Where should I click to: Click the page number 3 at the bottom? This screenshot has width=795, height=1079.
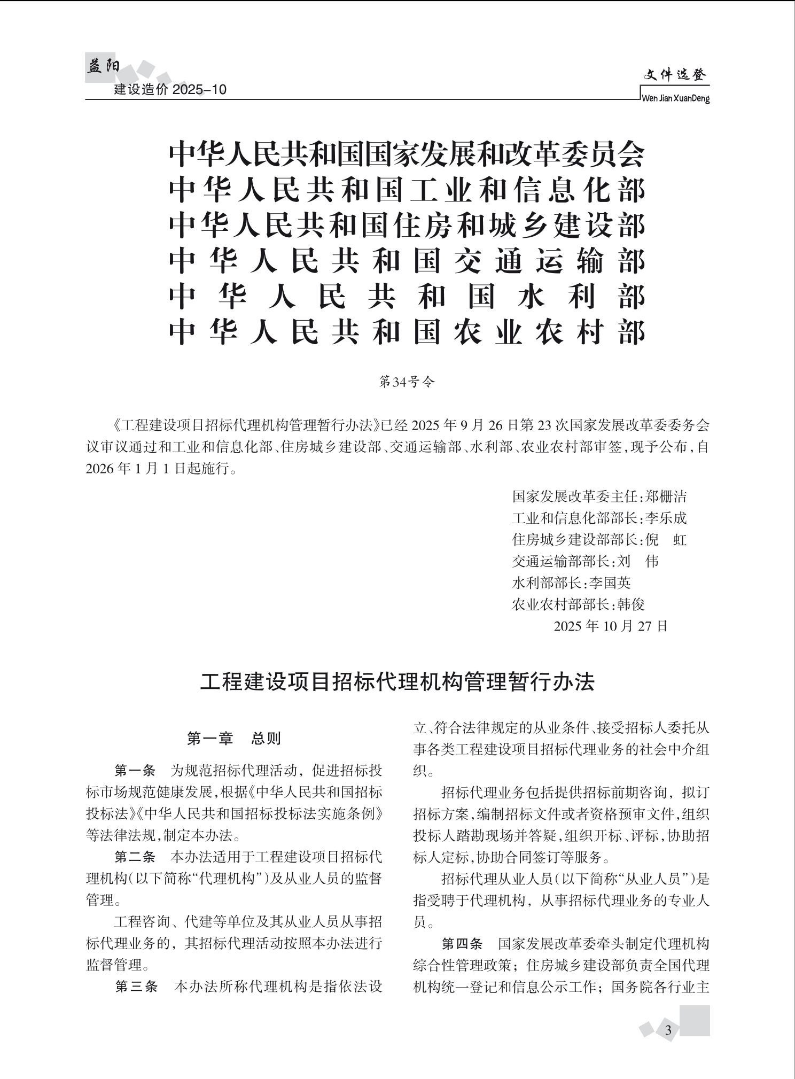click(x=668, y=1030)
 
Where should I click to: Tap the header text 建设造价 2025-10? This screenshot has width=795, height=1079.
click(x=170, y=90)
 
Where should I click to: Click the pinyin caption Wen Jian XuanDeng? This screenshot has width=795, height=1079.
click(x=675, y=99)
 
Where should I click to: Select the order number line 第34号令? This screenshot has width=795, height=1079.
click(x=407, y=382)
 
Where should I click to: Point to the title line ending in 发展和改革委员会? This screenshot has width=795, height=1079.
click(x=407, y=154)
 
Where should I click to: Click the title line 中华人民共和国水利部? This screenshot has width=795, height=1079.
click(x=407, y=297)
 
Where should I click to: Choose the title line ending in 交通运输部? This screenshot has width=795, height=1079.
click(x=407, y=262)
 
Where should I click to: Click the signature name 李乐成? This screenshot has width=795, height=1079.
click(x=665, y=518)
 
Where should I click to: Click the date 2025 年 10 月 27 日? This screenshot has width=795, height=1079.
click(x=611, y=626)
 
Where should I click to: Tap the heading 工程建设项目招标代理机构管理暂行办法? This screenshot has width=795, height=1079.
click(x=397, y=682)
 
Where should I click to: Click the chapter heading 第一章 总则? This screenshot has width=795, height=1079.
click(x=234, y=739)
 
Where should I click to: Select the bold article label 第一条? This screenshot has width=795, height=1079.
click(x=135, y=771)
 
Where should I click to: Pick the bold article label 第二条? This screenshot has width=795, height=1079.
click(x=135, y=857)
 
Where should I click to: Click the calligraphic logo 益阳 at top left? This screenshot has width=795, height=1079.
click(x=103, y=67)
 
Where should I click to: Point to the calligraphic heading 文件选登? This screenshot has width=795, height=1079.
click(x=675, y=76)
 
